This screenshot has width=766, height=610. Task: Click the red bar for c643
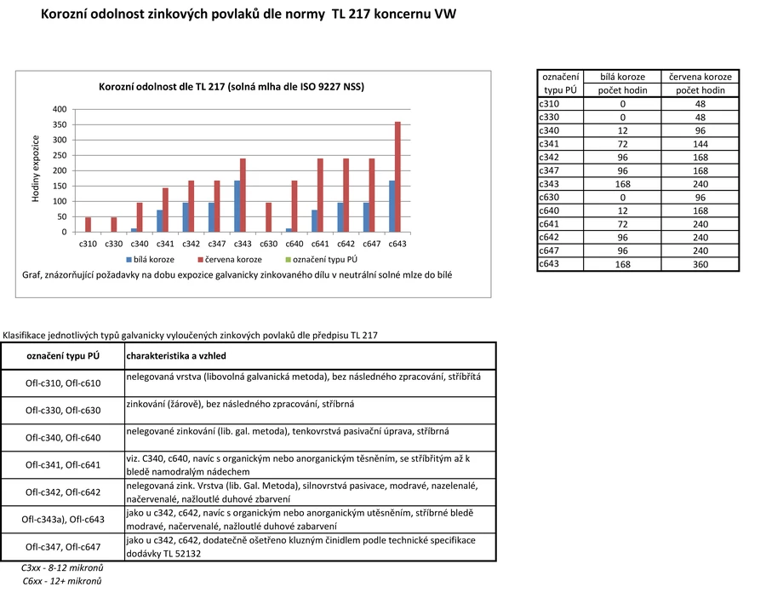pos(397,177)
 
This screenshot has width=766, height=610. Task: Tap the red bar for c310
pos(88,225)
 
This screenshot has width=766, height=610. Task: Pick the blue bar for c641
pos(314,222)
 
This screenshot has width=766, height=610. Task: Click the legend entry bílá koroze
pos(151,258)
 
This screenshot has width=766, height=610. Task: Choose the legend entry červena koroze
pos(230,258)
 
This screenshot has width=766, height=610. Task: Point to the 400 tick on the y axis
pos(60,109)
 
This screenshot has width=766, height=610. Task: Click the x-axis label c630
pos(268,244)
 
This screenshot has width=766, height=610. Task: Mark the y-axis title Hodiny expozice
pos(37,169)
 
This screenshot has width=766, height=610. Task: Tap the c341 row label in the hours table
pos(550,144)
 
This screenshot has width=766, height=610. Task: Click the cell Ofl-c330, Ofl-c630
pos(63,410)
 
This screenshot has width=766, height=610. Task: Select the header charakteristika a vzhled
pos(176,355)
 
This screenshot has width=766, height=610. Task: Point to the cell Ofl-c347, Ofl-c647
pos(63,547)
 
